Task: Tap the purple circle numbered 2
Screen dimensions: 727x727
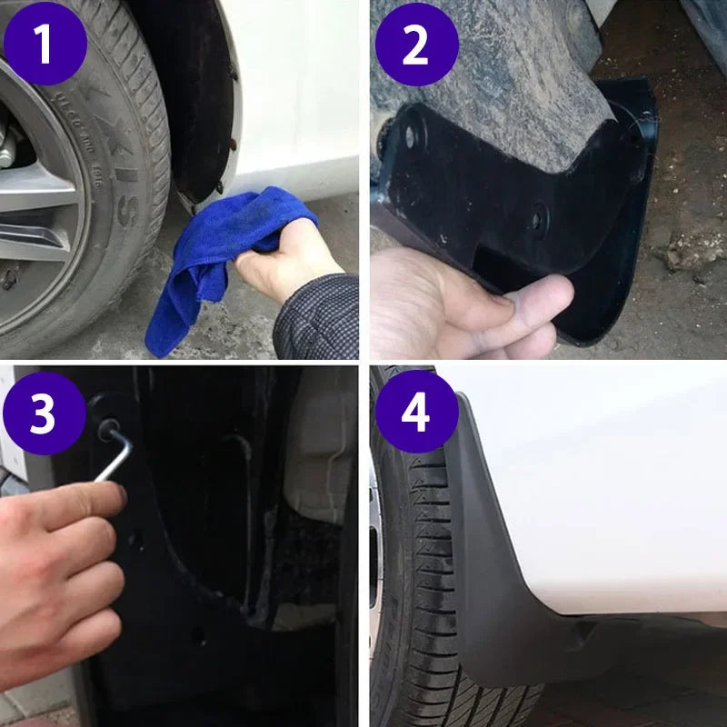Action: [x=415, y=45]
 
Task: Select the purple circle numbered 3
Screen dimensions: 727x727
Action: [x=45, y=414]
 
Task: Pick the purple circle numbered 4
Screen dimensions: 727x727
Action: [x=415, y=413]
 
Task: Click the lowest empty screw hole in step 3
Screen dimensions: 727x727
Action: [x=198, y=636]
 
